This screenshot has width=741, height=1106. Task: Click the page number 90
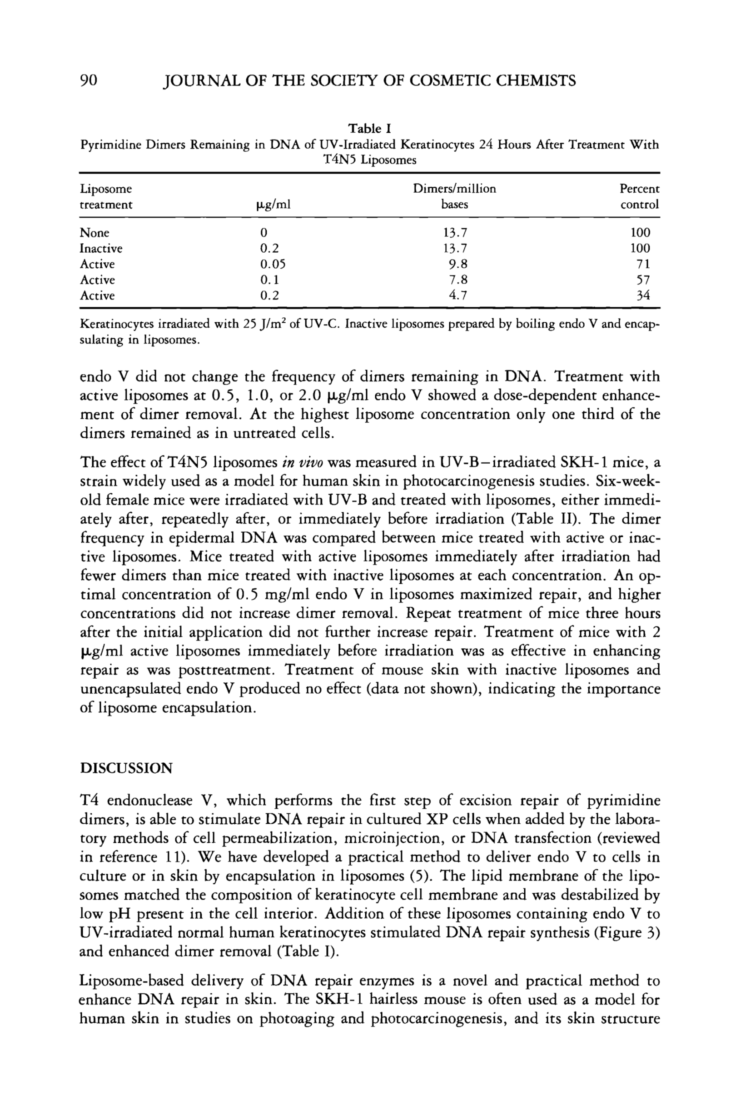[x=89, y=81]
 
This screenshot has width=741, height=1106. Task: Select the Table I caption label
[x=369, y=129]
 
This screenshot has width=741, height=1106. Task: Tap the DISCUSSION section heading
[x=126, y=768]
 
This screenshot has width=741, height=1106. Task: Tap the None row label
[x=94, y=233]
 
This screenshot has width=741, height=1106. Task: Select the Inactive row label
[x=101, y=248]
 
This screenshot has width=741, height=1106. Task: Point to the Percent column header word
[x=639, y=189]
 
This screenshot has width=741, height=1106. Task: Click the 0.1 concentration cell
[x=270, y=280]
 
